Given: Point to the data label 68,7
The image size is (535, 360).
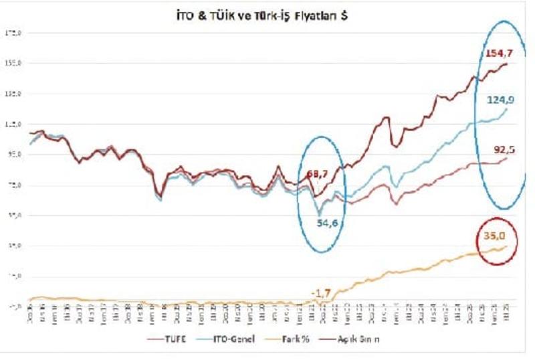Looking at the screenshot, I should coord(318,175).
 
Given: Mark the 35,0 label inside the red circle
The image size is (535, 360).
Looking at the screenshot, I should coord(496,235).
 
